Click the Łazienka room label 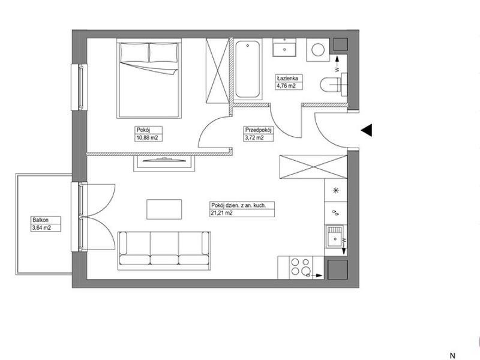tap(288, 78)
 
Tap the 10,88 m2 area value tap(147, 138)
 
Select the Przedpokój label tap(259, 130)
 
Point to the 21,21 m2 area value tap(221, 213)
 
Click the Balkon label tap(40, 220)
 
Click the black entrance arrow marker tap(367, 130)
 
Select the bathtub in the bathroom tap(248, 69)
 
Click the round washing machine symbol tap(318, 50)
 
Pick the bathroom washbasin tap(284, 48)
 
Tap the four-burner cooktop tap(301, 267)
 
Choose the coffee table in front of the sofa tap(164, 209)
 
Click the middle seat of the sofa tap(164, 248)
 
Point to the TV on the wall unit tap(164, 159)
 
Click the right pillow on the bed tap(163, 52)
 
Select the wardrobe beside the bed tap(217, 70)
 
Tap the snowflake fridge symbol tap(336, 190)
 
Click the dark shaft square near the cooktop tap(338, 269)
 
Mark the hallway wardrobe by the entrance tap(313, 167)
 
